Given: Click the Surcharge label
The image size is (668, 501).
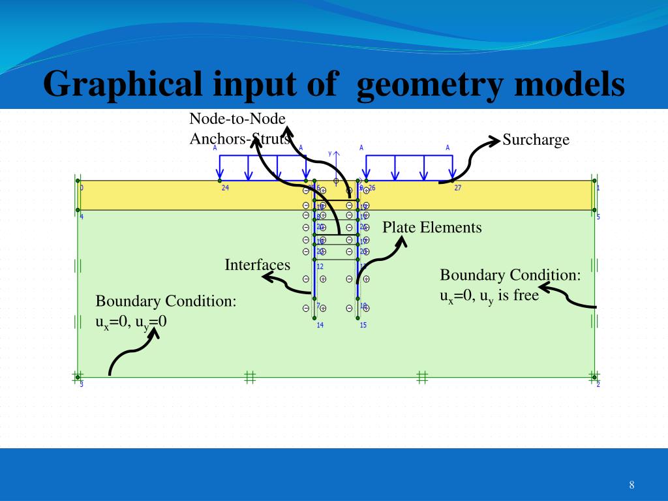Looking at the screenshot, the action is (x=536, y=140).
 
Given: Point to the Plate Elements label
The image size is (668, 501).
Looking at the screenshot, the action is (x=432, y=228).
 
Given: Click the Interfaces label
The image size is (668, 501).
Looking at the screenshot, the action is (x=257, y=265).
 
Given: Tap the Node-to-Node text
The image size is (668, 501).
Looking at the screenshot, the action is (x=237, y=119).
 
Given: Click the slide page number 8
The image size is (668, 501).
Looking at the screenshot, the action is (x=631, y=485).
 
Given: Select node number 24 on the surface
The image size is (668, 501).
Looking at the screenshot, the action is (x=225, y=187).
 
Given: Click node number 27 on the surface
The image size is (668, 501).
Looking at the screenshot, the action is (x=458, y=187).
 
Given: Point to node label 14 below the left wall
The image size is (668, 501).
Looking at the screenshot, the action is (x=320, y=325).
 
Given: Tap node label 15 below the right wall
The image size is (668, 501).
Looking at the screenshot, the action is (x=363, y=325).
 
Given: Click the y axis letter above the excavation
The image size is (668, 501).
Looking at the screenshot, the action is (x=330, y=153).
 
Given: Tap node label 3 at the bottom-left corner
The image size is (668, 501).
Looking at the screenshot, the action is (x=82, y=384).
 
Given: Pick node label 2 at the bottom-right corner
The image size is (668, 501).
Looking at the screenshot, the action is (x=598, y=384).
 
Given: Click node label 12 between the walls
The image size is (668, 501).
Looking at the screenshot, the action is (x=320, y=266).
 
